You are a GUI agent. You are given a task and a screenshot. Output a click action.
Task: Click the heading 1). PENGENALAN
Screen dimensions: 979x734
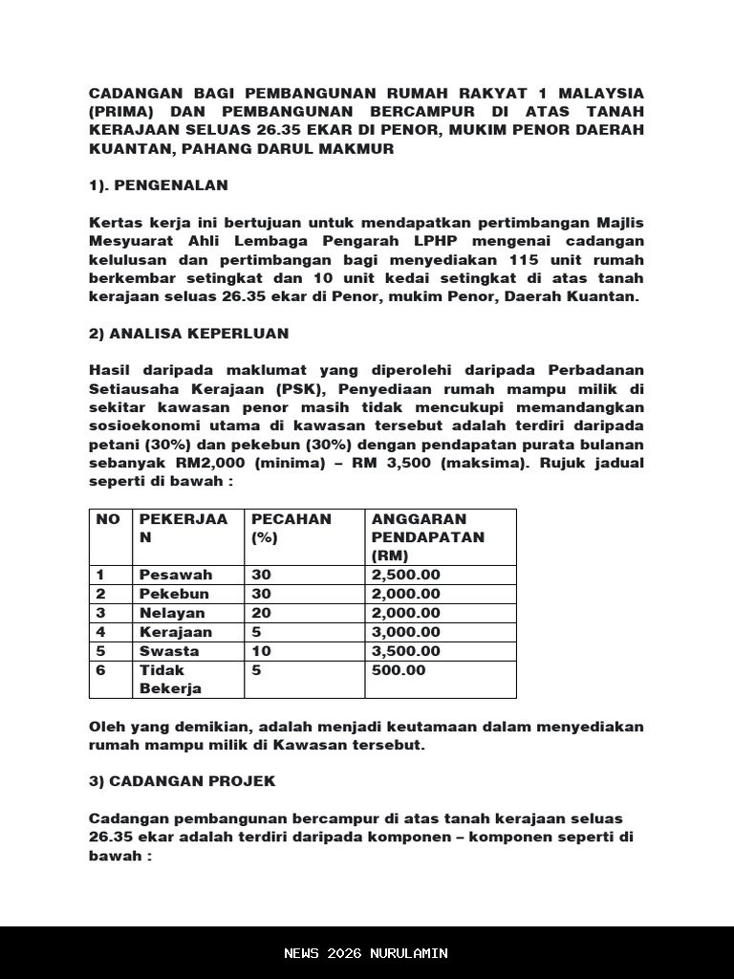[159, 185]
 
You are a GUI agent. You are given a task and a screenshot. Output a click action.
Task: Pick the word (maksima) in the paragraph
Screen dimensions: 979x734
[490, 464]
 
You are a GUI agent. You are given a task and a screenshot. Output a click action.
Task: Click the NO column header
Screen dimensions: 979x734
[109, 519]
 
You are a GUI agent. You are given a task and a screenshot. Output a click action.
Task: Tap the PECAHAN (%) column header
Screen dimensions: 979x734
[291, 528]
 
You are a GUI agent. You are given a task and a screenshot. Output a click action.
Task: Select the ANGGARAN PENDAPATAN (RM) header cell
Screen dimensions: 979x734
[428, 536]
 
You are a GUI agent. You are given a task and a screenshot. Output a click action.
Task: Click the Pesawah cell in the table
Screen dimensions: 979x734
[176, 575]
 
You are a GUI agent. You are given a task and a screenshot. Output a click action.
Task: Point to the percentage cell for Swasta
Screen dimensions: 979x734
[261, 651]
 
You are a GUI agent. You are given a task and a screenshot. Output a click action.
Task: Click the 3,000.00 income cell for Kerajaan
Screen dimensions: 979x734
[406, 632]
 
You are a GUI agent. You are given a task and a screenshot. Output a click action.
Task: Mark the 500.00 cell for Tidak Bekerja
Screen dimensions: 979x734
[399, 670]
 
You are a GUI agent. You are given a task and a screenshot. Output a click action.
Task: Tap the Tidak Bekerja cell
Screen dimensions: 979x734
[170, 679]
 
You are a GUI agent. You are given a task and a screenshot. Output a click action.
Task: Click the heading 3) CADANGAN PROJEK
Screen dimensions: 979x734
[182, 781]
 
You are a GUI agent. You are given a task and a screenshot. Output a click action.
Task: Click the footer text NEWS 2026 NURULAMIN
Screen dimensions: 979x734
[366, 953]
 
